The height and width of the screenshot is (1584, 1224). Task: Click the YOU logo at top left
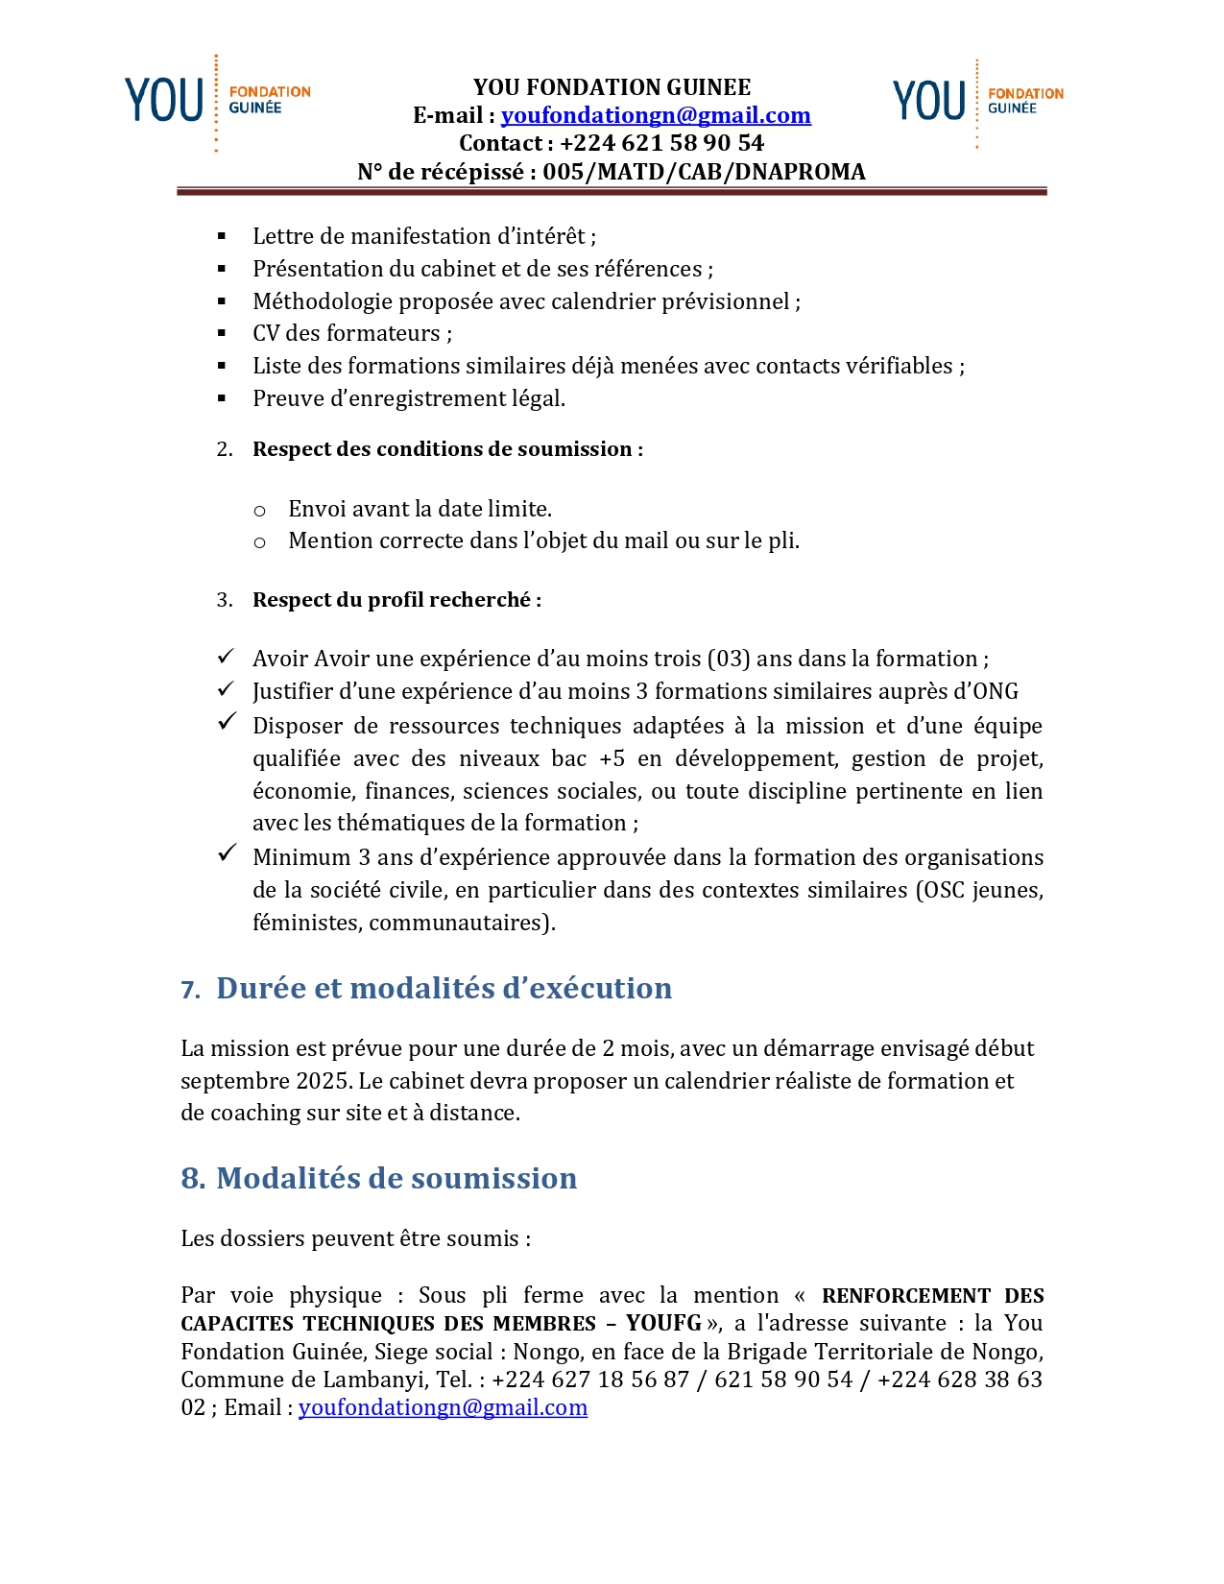tap(217, 101)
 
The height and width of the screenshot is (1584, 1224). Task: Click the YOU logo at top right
tap(977, 101)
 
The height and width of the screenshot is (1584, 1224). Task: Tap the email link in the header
tap(656, 115)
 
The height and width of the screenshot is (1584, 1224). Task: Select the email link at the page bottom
tap(443, 1407)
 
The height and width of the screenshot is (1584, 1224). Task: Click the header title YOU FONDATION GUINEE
tap(612, 87)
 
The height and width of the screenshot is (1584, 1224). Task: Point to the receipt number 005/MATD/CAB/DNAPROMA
tap(704, 171)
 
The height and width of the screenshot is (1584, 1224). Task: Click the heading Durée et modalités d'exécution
tap(444, 988)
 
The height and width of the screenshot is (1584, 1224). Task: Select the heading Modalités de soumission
tap(396, 1178)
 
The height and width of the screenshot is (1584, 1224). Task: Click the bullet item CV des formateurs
tap(352, 333)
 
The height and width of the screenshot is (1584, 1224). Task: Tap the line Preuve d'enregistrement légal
tap(409, 398)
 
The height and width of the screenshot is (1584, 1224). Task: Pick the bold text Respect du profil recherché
tap(396, 600)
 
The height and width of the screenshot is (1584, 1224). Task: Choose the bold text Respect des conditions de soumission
tap(447, 449)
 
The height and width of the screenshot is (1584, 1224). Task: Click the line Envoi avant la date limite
tap(420, 509)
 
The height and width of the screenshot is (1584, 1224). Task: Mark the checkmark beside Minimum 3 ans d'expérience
tap(227, 852)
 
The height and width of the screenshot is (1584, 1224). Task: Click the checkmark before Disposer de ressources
tap(227, 721)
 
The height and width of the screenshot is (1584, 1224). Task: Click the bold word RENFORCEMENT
tap(905, 1296)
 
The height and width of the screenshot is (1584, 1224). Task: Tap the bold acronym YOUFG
tap(663, 1323)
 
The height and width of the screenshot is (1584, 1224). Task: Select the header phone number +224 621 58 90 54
tap(661, 143)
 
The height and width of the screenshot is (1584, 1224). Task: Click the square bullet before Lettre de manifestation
tap(222, 236)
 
